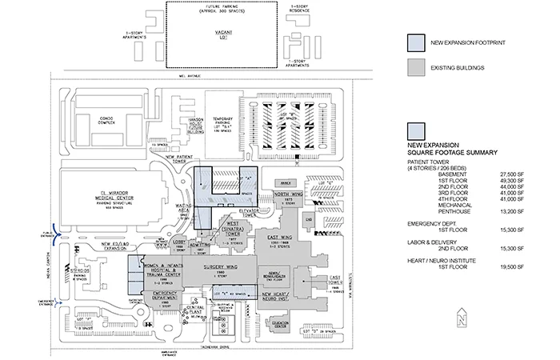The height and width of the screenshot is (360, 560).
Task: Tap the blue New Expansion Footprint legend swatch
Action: (x=415, y=41)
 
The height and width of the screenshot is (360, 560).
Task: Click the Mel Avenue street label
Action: (x=190, y=78)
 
